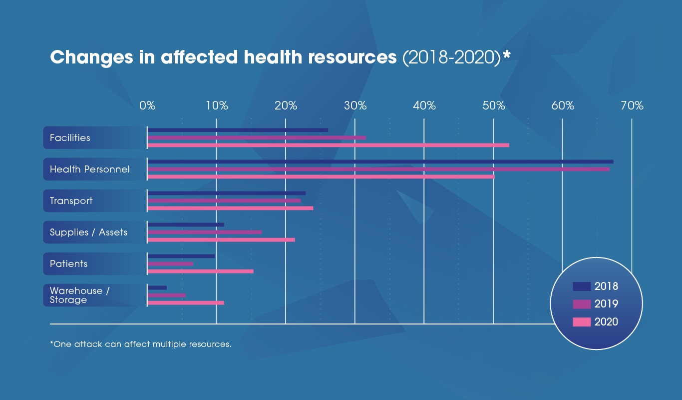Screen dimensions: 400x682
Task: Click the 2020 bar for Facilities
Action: coord(328,145)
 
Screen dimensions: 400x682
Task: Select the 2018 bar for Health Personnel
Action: coord(380,161)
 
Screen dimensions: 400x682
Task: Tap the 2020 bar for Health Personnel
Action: coord(321,176)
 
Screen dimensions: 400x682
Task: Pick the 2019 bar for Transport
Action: coord(224,200)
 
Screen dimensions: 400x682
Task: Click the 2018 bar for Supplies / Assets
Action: coord(186,224)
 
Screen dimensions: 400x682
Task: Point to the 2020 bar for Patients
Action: coord(200,271)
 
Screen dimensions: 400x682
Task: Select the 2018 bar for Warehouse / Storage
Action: coord(157,287)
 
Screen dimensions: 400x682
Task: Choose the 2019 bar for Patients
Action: coord(170,263)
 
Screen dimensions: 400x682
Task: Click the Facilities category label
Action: coord(70,137)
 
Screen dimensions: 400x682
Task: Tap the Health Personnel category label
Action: coord(89,169)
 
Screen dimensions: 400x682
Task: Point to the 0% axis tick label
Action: coord(147,105)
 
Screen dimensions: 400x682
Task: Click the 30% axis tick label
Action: coord(355,105)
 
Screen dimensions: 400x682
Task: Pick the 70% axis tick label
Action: coord(632,105)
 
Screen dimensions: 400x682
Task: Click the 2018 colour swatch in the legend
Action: coord(582,286)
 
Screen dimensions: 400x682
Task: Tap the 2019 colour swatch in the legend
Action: coord(582,304)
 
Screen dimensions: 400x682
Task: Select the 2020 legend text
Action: coord(606,322)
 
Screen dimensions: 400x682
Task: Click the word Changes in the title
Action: coord(90,57)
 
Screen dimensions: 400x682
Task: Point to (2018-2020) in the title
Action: coord(451,57)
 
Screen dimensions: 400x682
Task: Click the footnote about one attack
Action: coord(141,344)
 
